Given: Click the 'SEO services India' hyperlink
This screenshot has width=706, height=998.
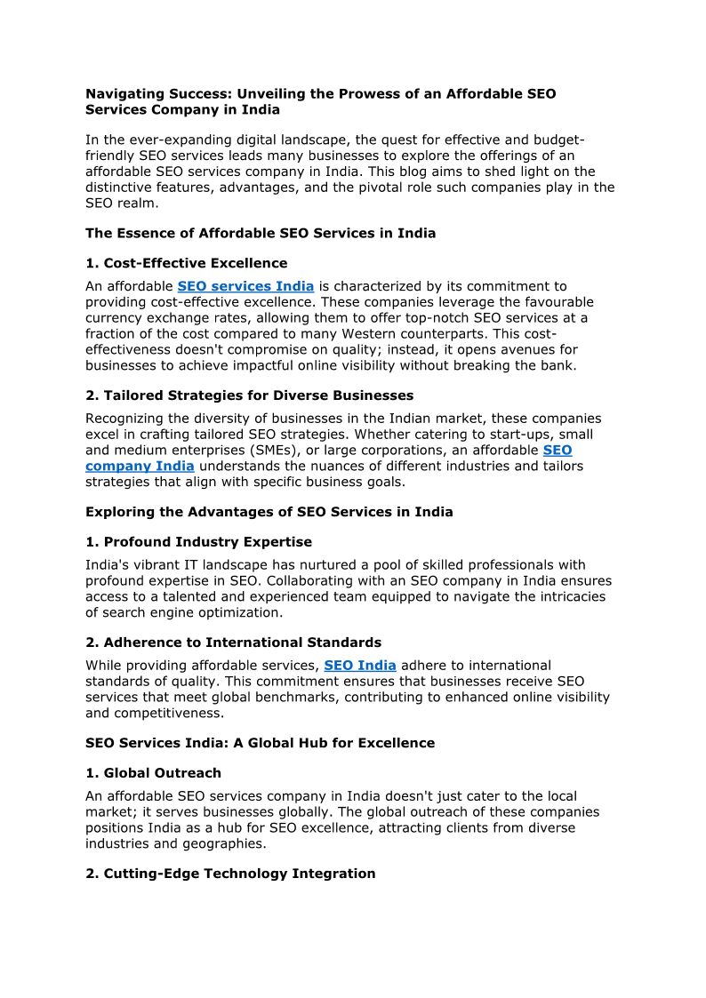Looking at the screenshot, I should point(245,286).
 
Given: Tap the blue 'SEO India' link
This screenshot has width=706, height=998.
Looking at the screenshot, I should point(360,665).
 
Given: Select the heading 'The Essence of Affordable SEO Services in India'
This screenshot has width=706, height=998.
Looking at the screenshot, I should point(261,234).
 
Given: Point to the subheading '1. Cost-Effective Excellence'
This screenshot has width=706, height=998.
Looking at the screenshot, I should point(187,263).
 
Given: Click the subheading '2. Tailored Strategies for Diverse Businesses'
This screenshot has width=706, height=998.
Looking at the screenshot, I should point(249,395).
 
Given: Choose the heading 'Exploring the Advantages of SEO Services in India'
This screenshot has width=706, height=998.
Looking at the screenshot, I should point(269,512).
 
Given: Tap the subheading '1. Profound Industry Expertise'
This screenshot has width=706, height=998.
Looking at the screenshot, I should point(198,542).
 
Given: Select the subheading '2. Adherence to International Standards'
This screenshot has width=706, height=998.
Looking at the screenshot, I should point(233,643).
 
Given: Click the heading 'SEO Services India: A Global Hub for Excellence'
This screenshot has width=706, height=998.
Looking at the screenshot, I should point(261,743).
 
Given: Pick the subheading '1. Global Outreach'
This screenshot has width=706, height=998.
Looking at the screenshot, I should point(153,773).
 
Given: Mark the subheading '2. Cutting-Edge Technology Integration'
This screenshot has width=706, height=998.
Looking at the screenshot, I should point(230,874).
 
